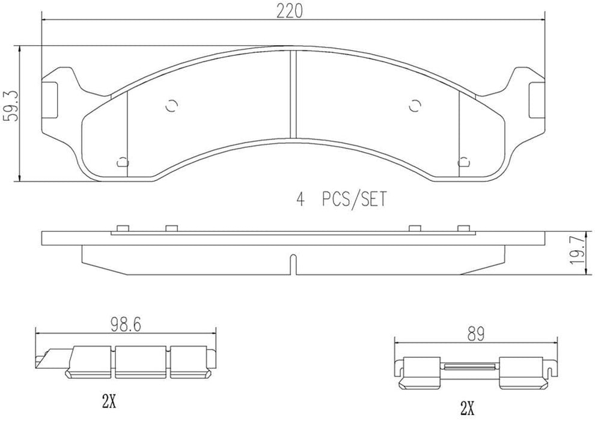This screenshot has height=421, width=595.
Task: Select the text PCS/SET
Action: [x=353, y=199]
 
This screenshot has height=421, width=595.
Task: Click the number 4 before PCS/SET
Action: [x=301, y=199]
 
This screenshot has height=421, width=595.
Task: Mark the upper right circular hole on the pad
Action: [x=413, y=105]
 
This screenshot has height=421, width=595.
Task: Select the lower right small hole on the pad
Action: [x=463, y=161]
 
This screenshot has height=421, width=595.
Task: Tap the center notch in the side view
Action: [x=292, y=263]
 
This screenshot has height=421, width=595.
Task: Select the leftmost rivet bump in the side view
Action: [x=122, y=227]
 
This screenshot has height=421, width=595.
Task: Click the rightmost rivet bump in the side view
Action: [x=463, y=227]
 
